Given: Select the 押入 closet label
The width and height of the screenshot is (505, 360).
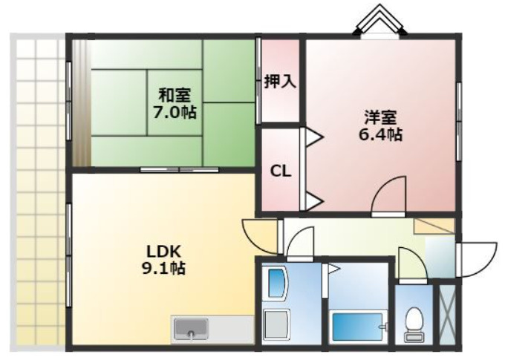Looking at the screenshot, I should tap(280, 81).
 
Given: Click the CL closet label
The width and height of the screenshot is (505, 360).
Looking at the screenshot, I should tap(279, 171).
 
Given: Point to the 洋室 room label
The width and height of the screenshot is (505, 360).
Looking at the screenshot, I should tap(379, 117).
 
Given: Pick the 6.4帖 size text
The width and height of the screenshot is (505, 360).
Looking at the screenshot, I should tap(379, 135).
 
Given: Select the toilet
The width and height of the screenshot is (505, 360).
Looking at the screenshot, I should tap(413, 320).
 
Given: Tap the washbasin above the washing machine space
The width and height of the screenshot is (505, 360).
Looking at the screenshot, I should tap(276, 282).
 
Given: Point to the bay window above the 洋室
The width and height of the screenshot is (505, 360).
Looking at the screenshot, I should tap(379, 20).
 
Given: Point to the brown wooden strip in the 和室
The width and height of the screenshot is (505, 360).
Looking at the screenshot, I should tap(80, 104).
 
